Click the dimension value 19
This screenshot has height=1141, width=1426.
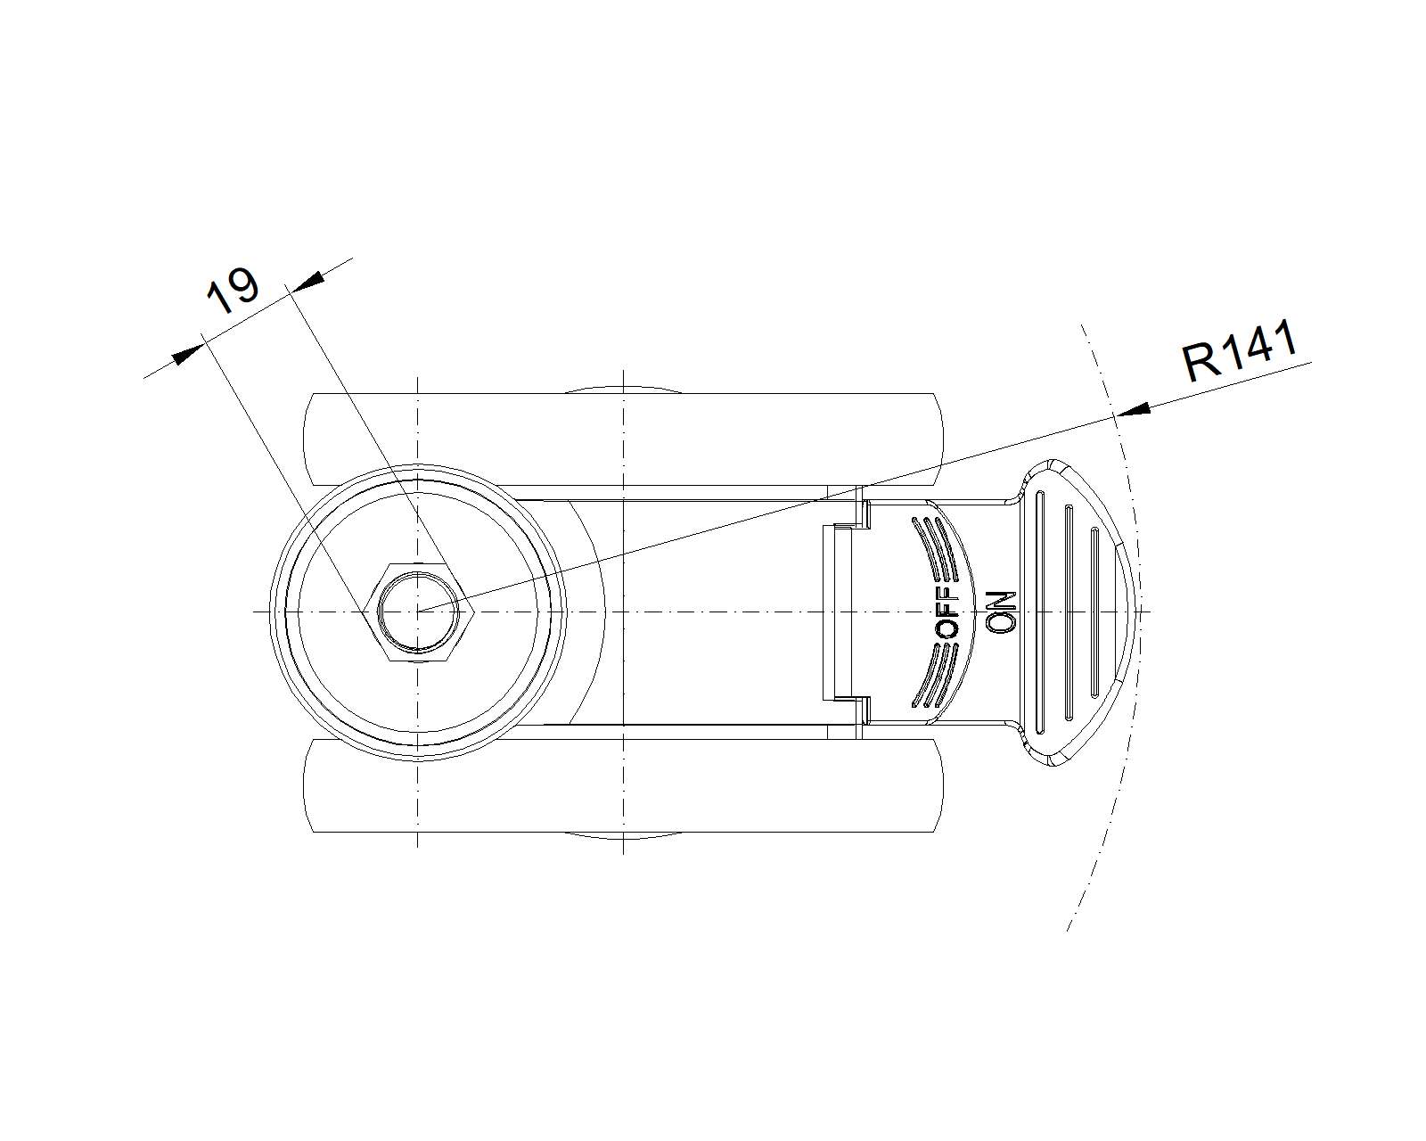(x=233, y=291)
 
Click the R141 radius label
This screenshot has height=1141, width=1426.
(x=1239, y=352)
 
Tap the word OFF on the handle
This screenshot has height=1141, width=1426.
(x=948, y=612)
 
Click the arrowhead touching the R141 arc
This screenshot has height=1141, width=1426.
(x=1134, y=411)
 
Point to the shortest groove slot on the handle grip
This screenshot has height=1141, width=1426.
(x=1094, y=612)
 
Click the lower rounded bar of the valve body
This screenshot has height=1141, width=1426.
(x=624, y=786)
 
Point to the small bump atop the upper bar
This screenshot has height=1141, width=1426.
(x=624, y=389)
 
